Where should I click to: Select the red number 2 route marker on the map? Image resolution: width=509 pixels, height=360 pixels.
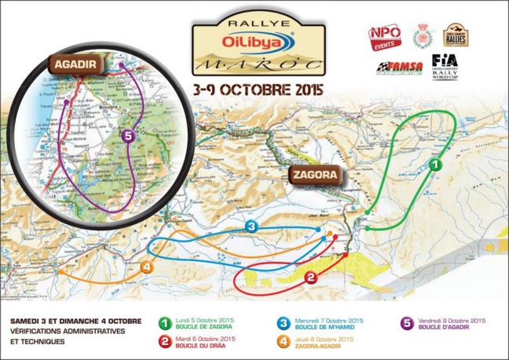[310, 277]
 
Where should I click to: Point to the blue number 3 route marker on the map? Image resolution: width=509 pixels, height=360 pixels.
[251, 226]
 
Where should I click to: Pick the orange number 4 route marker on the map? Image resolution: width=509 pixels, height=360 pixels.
[145, 267]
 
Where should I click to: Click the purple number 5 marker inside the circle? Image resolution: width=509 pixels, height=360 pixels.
[129, 136]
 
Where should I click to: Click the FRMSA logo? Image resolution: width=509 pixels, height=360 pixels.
[400, 68]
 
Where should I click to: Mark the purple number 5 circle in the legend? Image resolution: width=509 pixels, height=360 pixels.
[406, 322]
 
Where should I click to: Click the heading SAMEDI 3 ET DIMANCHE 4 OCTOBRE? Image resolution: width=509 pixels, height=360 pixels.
[75, 321]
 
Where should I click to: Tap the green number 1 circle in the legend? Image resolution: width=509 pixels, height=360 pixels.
[165, 322]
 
